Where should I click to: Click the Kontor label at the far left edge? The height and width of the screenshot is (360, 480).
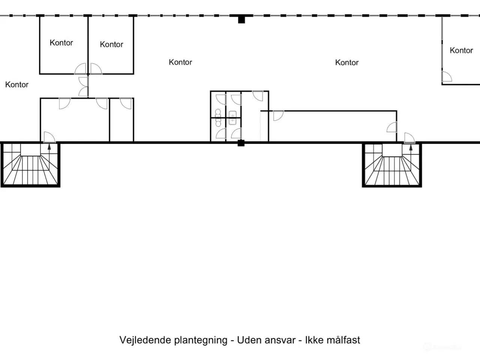[17, 85]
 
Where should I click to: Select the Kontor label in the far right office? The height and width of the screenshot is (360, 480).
[461, 50]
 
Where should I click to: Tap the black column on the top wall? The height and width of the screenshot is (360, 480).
[241, 19]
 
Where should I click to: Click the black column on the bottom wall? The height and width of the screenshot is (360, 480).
[241, 143]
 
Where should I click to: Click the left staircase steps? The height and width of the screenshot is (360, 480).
[30, 169]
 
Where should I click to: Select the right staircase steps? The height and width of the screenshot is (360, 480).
[392, 169]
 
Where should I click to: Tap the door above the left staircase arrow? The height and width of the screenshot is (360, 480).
[49, 137]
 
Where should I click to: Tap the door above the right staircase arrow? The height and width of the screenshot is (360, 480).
[409, 138]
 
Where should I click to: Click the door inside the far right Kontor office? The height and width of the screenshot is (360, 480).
[446, 76]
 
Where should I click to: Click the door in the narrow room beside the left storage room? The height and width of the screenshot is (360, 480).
[126, 103]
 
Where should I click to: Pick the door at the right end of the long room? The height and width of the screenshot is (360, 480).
[392, 127]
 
